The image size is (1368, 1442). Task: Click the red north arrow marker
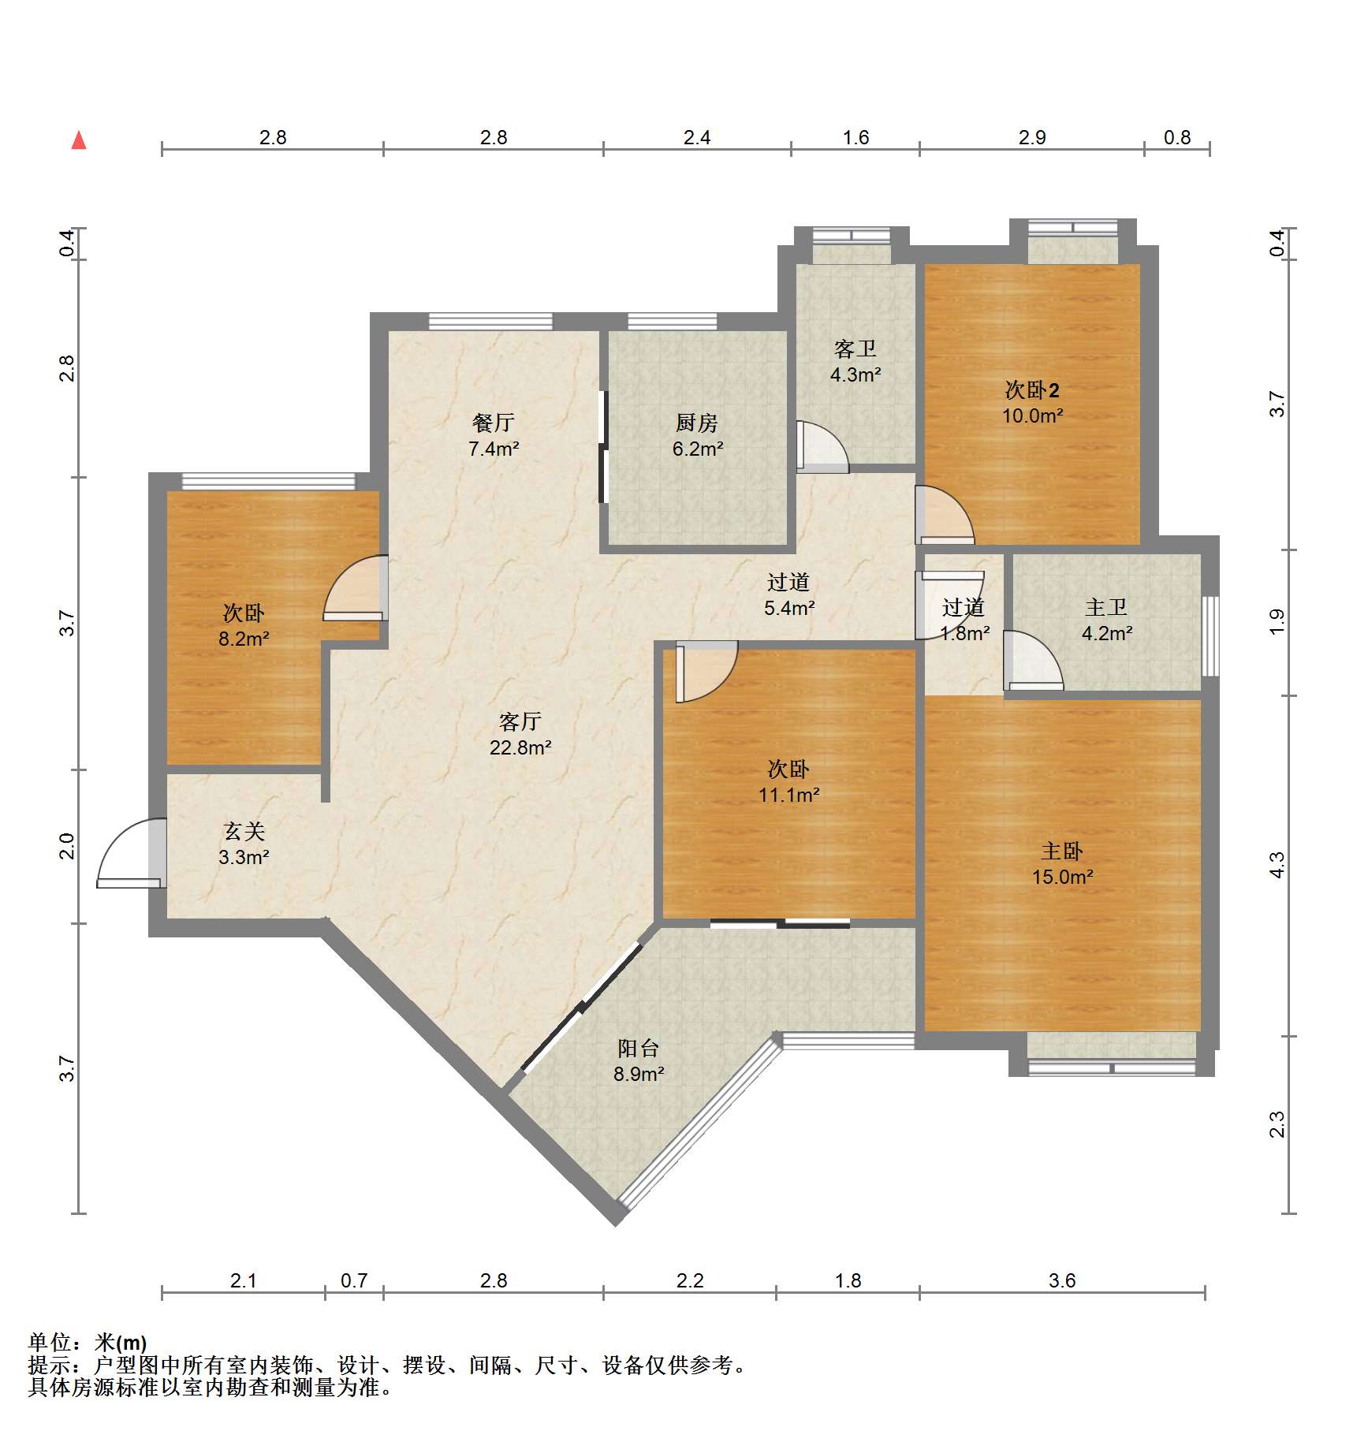pyautogui.click(x=79, y=140)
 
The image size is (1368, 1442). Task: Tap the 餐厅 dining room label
pyautogui.click(x=494, y=423)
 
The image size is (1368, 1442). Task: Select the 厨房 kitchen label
pyautogui.click(x=697, y=423)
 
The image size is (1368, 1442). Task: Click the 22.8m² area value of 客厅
pyautogui.click(x=520, y=747)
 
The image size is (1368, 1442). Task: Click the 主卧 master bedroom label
pyautogui.click(x=1062, y=851)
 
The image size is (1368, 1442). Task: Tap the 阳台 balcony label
pyautogui.click(x=639, y=1049)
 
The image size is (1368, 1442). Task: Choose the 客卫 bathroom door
pyautogui.click(x=822, y=447)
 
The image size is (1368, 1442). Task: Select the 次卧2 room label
pyautogui.click(x=1032, y=389)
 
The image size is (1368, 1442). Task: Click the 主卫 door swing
pyautogui.click(x=1033, y=661)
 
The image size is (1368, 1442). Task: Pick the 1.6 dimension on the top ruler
pyautogui.click(x=855, y=138)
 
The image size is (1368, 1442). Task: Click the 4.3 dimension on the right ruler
pyautogui.click(x=1277, y=865)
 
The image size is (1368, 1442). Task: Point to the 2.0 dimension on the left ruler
pyautogui.click(x=67, y=846)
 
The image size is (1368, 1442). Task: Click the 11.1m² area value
pyautogui.click(x=789, y=795)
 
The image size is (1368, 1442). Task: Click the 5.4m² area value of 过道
pyautogui.click(x=789, y=608)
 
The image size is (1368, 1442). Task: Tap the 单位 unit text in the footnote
pyautogui.click(x=49, y=1342)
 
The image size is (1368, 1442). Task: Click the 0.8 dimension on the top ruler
pyautogui.click(x=1177, y=138)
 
